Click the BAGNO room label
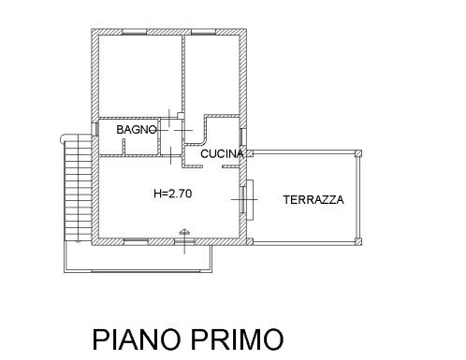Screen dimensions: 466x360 tap(137, 129)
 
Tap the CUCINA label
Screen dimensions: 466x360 tap(222, 153)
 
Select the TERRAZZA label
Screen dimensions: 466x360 tap(313, 199)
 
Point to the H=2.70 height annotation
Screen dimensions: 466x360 tap(173, 194)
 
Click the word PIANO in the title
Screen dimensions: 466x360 tap(137, 339)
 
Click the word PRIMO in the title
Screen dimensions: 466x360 tap(238, 339)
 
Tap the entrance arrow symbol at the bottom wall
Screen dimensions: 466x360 tap(184, 232)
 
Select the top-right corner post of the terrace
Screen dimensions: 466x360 tap(358, 153)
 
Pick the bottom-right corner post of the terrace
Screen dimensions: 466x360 tap(358, 241)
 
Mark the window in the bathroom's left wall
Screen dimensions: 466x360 tap(95, 129)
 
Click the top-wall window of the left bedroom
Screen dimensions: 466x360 tap(135, 32)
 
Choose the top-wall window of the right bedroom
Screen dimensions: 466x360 tap(204, 32)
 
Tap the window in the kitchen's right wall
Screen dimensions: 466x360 tap(243, 137)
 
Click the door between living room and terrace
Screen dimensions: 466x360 tap(246, 199)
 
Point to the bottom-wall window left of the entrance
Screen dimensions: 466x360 tap(136, 241)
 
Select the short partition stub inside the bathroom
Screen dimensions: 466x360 tap(124, 147)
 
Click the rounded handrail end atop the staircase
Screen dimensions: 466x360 tap(63, 138)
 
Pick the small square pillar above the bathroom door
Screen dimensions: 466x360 tap(181, 116)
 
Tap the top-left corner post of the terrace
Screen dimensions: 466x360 tap(250, 153)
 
